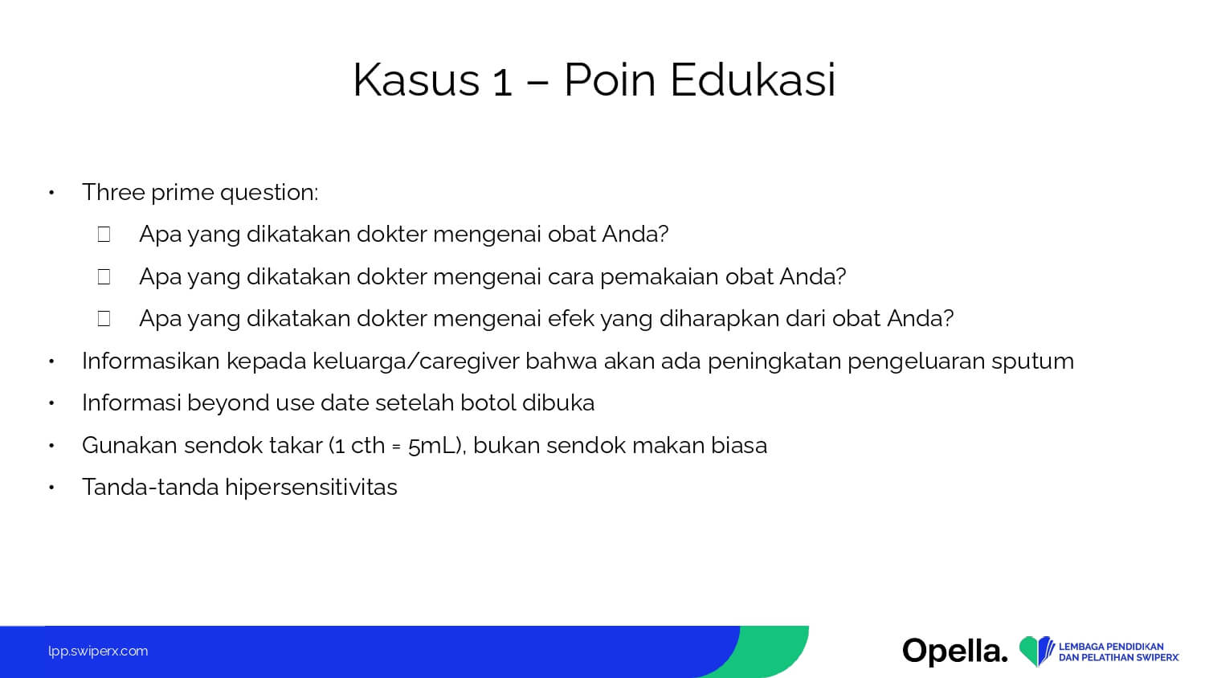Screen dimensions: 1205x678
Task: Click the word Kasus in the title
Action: [x=415, y=80]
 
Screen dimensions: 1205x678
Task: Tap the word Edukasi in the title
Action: [x=753, y=80]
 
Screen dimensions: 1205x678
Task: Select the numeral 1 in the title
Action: [x=502, y=83]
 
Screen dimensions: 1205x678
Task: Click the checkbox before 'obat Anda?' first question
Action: [x=104, y=234]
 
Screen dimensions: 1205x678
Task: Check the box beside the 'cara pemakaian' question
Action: [x=104, y=276]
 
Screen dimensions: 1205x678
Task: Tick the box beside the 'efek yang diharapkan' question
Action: [x=104, y=319]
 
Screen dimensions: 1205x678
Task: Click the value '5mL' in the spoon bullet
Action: [x=432, y=446]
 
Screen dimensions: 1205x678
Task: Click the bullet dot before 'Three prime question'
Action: [x=51, y=193]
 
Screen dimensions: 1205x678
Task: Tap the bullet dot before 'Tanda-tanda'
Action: [x=51, y=488]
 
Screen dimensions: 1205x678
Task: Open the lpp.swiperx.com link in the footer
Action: [x=98, y=651]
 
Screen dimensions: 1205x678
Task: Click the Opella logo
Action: [x=955, y=651]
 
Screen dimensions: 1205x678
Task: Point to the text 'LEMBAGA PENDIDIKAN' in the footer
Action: [x=1111, y=646]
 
